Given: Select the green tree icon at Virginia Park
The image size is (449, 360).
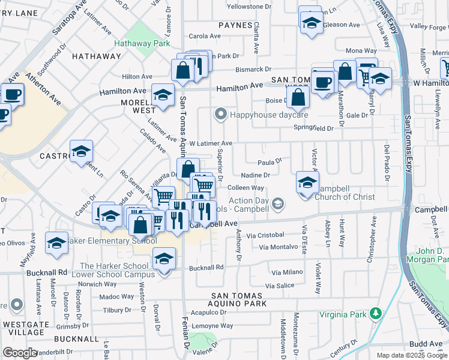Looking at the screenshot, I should tap(376, 313).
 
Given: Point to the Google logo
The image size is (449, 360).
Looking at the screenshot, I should tap(19, 353).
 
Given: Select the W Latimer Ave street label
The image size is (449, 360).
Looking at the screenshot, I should tap(210, 143).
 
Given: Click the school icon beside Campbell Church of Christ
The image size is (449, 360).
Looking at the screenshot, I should tap(307, 182).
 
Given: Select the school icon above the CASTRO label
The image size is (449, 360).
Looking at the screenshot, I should tap(81, 151).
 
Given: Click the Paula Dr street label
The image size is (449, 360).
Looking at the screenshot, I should tap(270, 162).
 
